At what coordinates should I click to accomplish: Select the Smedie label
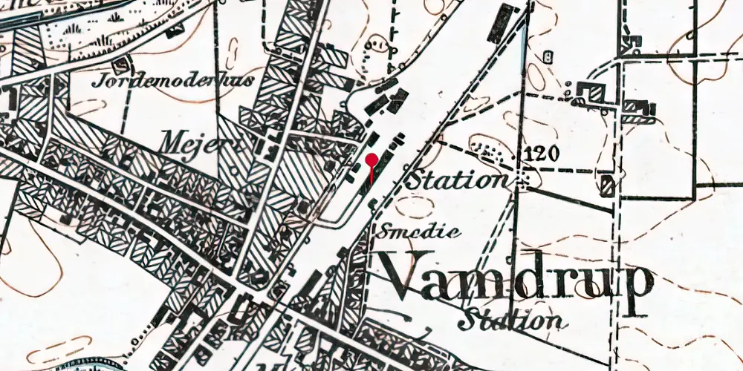click(419, 232)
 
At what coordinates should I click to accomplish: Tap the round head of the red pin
click(371, 158)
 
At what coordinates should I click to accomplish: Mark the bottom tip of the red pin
click(371, 180)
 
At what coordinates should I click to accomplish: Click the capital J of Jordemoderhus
click(98, 81)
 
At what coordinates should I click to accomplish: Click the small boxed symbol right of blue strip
click(549, 56)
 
